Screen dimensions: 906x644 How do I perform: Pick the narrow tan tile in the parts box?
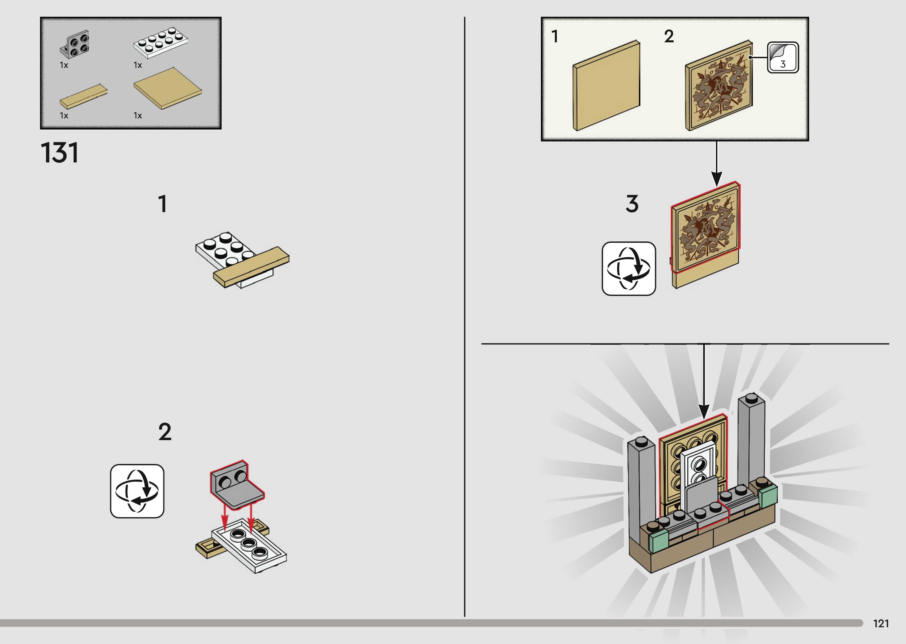(83, 96)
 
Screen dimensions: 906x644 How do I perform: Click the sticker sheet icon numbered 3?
(783, 57)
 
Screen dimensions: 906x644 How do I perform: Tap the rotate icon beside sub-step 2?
(137, 491)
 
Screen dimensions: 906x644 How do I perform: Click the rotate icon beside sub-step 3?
(629, 268)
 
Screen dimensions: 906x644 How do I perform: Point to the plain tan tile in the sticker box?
(606, 86)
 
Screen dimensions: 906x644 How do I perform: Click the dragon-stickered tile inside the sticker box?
(718, 86)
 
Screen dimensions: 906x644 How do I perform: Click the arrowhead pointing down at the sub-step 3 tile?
(717, 178)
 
